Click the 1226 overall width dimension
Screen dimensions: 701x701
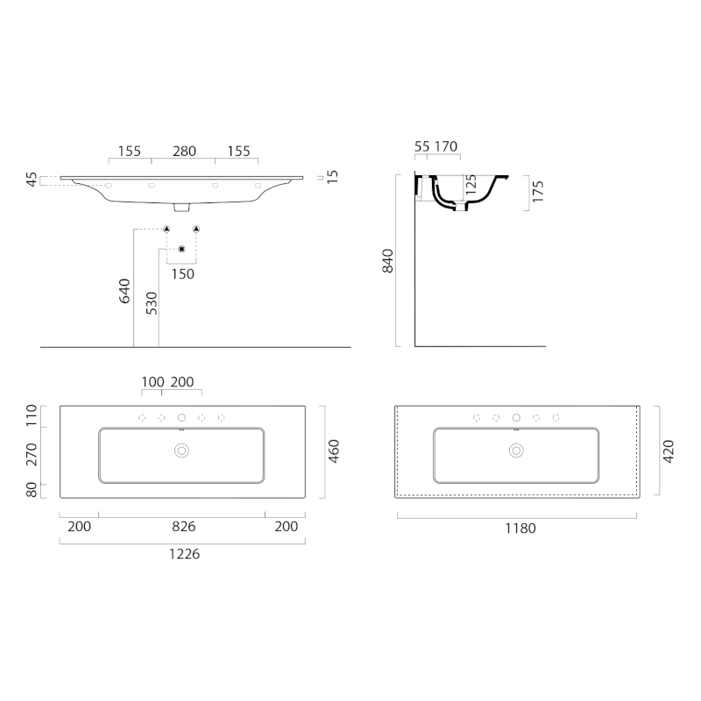coord(183,553)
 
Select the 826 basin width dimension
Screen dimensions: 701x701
coord(183,527)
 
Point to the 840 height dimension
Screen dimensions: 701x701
coord(389,260)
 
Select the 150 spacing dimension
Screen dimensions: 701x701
coord(183,273)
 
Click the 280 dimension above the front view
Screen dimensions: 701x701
coord(184,151)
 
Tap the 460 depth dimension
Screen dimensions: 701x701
coord(334,451)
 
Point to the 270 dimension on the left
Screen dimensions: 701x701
coord(32,454)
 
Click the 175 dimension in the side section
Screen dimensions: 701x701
coord(538,191)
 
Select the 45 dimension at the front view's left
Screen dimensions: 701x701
coord(32,180)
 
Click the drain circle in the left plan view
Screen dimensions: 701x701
coord(182,450)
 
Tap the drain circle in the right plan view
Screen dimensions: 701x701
coord(516,450)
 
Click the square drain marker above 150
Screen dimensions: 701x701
coord(181,250)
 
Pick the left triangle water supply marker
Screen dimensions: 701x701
coord(166,229)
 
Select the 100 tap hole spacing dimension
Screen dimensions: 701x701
coord(153,383)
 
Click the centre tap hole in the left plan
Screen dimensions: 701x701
coord(182,418)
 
